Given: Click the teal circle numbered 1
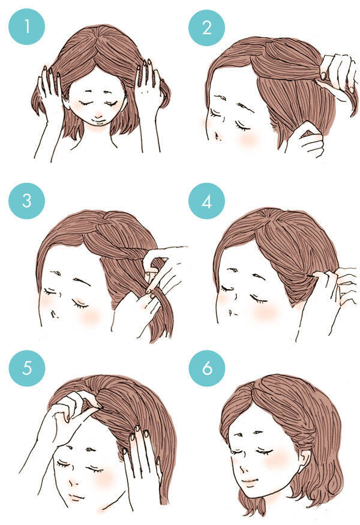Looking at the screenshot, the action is click(26, 27).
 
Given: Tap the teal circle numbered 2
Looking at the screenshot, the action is click(206, 28).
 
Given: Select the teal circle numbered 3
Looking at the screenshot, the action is click(26, 200).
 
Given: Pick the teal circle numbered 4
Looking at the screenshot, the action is click(206, 201).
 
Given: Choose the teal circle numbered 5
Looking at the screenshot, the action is click(27, 368).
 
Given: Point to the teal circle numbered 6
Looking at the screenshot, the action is click(207, 368).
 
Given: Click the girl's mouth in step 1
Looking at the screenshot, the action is click(98, 118).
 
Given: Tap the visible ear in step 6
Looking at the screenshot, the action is click(304, 460).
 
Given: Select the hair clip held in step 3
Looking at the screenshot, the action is click(151, 276).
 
